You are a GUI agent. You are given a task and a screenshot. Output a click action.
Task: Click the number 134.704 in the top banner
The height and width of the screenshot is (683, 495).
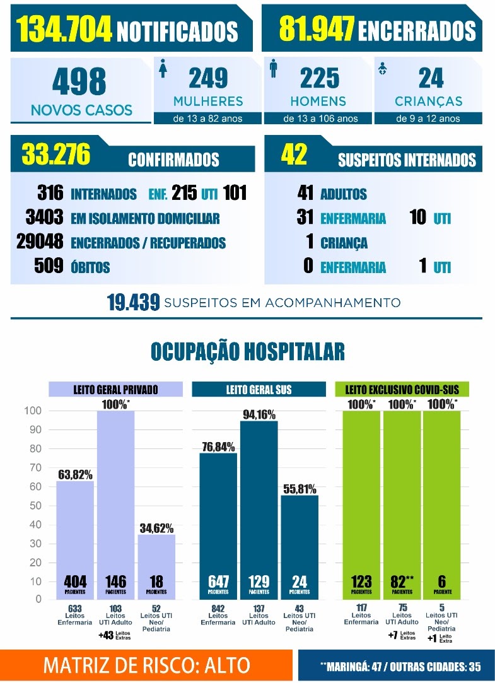click(x=64, y=29)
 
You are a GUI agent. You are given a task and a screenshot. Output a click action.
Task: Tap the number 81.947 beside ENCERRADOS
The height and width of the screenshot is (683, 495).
click(x=316, y=28)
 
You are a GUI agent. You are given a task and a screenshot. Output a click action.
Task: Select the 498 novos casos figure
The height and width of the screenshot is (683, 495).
click(x=79, y=81)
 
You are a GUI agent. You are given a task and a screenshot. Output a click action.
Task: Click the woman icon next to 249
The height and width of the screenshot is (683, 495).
click(x=163, y=69)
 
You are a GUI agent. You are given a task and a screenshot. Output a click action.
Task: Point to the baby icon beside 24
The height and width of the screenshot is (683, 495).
click(x=382, y=68)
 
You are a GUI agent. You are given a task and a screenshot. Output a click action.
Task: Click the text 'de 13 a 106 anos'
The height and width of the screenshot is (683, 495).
click(x=320, y=119)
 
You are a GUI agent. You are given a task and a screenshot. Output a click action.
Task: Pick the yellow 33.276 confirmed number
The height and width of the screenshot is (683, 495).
click(x=56, y=154)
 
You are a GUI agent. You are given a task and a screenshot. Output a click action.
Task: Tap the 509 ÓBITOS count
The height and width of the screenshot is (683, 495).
click(x=49, y=266)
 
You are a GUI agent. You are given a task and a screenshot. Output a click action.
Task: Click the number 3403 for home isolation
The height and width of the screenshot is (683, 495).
click(x=44, y=217)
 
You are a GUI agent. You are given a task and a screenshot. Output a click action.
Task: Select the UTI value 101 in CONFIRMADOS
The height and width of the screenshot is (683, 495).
click(x=235, y=192)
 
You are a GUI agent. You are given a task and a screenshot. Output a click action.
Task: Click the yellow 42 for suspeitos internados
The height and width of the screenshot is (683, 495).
click(x=294, y=155)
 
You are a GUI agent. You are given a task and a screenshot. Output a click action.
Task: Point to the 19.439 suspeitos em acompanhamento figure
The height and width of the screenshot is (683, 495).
click(x=133, y=302)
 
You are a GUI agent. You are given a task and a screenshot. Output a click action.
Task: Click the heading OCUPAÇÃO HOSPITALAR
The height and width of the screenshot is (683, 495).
click(x=248, y=351)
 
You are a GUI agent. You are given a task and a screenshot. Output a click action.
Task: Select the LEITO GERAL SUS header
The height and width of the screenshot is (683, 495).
click(x=259, y=389)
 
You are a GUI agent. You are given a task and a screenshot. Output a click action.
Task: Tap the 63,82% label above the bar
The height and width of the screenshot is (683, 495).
click(x=75, y=474)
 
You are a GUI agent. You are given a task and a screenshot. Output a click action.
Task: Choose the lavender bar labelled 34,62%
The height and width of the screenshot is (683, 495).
click(x=156, y=567)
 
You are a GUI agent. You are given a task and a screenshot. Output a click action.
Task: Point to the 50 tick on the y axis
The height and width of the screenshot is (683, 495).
click(x=35, y=505)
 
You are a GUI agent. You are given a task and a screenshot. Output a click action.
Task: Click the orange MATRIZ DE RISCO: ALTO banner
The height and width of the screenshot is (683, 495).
click(x=146, y=665)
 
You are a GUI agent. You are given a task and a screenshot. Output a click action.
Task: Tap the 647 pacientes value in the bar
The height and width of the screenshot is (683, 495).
click(x=218, y=581)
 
